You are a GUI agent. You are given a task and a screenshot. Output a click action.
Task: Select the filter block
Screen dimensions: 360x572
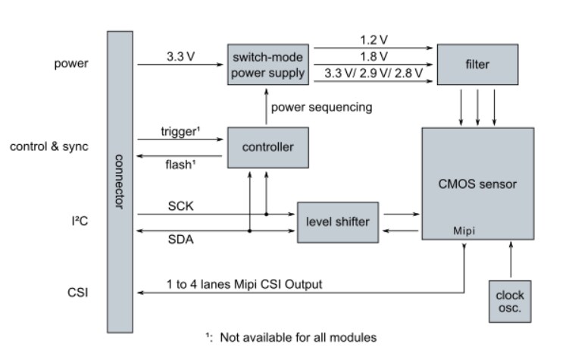coord(477,65)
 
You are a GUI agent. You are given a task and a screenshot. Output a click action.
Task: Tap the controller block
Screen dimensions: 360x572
coord(267,148)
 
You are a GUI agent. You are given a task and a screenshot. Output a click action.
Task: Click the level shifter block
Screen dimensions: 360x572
coord(338,221)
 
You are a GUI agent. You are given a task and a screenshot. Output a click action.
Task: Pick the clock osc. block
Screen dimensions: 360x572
coord(509,301)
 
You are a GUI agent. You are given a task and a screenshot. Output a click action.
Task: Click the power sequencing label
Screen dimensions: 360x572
coord(322,107)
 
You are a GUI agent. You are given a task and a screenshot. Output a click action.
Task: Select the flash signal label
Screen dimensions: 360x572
coord(180,164)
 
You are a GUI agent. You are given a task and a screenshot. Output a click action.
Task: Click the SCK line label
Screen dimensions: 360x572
coord(180,205)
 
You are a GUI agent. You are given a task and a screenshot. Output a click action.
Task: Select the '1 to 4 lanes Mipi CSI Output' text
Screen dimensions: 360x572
coord(244,284)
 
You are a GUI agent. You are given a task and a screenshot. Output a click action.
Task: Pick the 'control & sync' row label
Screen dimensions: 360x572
coord(48,146)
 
